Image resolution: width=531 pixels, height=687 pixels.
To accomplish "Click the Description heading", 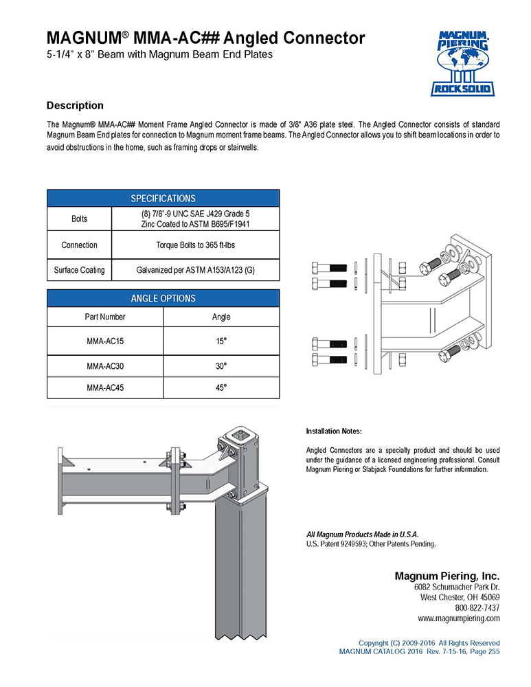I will (75, 106).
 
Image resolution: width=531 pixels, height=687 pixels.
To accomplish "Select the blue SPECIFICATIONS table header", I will (163, 198).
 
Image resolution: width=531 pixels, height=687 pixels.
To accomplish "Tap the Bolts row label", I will (80, 219).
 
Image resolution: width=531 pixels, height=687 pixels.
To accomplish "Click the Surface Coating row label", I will (80, 270).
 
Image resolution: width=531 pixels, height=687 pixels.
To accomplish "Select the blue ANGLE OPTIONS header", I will (163, 298).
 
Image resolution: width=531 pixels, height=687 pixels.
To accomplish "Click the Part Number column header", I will (105, 317).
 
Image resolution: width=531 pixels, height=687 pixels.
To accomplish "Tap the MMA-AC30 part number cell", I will (105, 366).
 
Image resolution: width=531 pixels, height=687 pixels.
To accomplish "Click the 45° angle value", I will (221, 387).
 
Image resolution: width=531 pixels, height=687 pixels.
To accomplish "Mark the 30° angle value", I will (221, 366).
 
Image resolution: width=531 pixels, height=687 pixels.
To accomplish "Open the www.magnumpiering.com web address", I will (458, 618).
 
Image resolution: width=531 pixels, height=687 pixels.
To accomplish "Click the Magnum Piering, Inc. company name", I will (447, 576).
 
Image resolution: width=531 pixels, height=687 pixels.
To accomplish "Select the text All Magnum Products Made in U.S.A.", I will (362, 534).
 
